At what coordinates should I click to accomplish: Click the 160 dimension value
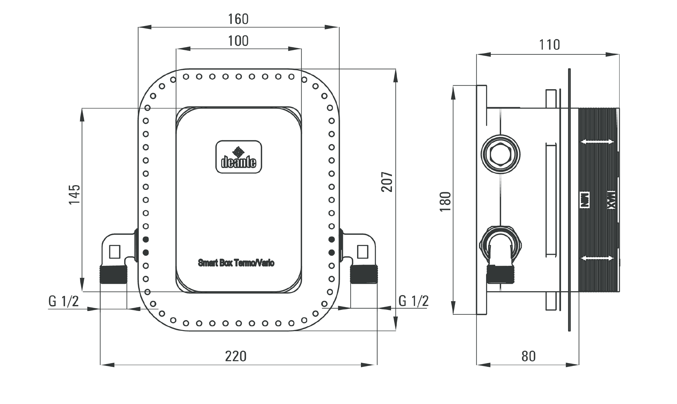238,19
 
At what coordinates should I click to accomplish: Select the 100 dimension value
238,41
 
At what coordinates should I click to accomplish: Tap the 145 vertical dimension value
74,194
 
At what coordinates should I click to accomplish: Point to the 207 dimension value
387,182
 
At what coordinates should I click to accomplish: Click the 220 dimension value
236,356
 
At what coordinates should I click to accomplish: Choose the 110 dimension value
549,45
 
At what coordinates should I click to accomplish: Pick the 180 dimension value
446,201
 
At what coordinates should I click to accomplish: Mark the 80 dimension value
528,356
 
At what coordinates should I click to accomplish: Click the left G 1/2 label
64,302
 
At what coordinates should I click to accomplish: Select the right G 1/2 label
413,301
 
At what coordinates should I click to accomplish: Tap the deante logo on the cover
239,157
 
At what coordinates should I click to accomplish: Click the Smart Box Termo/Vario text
236,263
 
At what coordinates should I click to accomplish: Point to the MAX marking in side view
611,201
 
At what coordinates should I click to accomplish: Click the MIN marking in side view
584,201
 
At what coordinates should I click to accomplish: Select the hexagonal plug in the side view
500,154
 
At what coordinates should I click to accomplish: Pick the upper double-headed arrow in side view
597,142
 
